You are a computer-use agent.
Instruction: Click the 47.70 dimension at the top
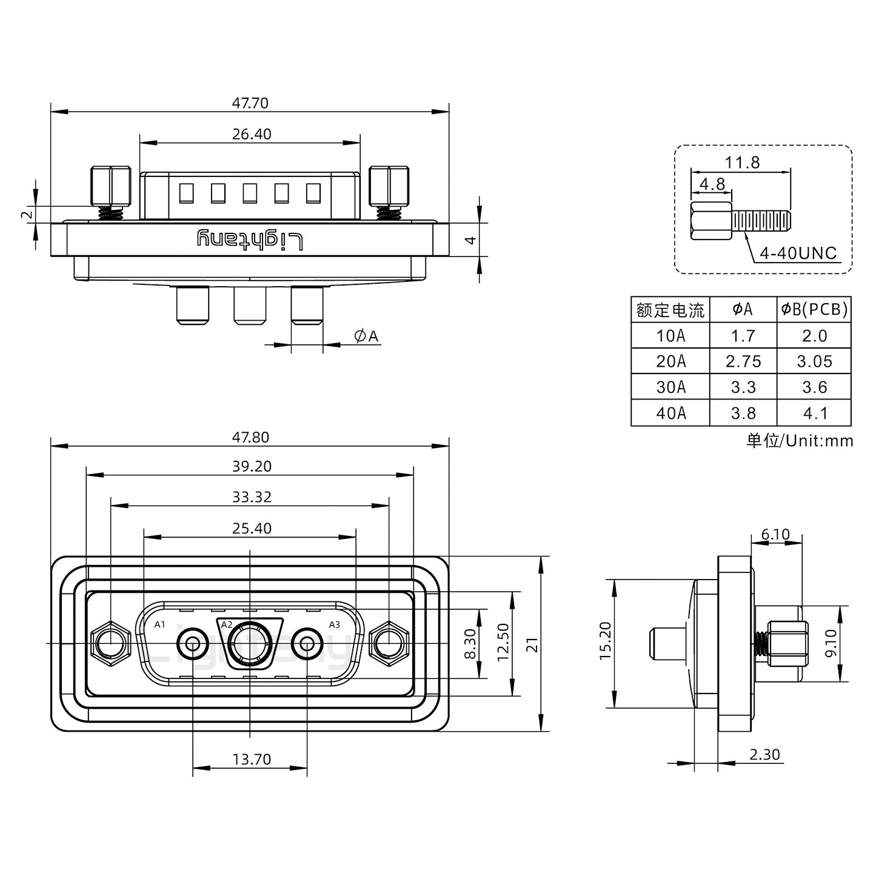(250, 103)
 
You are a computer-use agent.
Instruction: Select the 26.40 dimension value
(252, 134)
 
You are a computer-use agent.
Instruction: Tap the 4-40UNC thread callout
(798, 253)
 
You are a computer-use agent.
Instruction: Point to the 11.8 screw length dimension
(741, 162)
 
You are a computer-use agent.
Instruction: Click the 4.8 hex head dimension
(712, 184)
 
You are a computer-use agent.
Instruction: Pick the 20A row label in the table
(671, 361)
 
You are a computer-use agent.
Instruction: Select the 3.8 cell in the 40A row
(743, 413)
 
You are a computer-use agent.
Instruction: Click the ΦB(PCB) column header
(814, 310)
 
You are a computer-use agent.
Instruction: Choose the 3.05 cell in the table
(814, 361)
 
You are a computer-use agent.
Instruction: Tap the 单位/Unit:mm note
(799, 441)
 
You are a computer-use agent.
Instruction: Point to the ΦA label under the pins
(366, 336)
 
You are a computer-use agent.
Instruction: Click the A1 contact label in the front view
(159, 624)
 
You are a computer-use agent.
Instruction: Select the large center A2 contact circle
(250, 642)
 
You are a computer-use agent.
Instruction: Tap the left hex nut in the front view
(110, 642)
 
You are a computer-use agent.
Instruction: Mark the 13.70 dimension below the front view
(251, 758)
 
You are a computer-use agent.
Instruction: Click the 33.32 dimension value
(252, 497)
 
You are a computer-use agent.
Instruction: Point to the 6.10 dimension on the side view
(775, 534)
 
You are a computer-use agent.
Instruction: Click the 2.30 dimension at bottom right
(764, 754)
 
